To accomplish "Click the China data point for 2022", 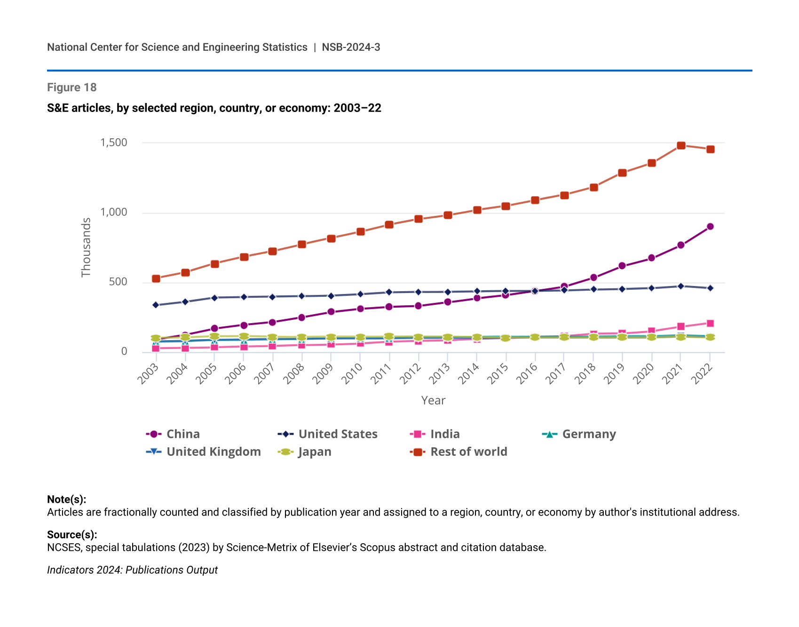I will (710, 226).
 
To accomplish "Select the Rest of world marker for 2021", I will (681, 145).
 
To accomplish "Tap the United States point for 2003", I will (156, 305).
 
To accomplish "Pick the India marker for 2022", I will (710, 323).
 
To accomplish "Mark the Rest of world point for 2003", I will (156, 278).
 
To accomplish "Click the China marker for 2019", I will (622, 266).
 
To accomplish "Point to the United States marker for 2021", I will (681, 286).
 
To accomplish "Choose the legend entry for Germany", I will (579, 434).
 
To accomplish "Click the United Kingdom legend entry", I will (204, 452).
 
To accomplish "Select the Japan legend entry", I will (305, 452).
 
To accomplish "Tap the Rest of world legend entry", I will (459, 452).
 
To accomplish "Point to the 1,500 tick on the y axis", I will (114, 143).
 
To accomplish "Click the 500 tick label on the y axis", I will (118, 282).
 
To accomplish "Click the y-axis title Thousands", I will (86, 247).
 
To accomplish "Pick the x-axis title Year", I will (433, 400).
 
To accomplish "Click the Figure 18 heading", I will (72, 87).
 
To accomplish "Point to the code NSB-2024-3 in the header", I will (351, 47).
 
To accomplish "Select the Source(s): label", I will (72, 534).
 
